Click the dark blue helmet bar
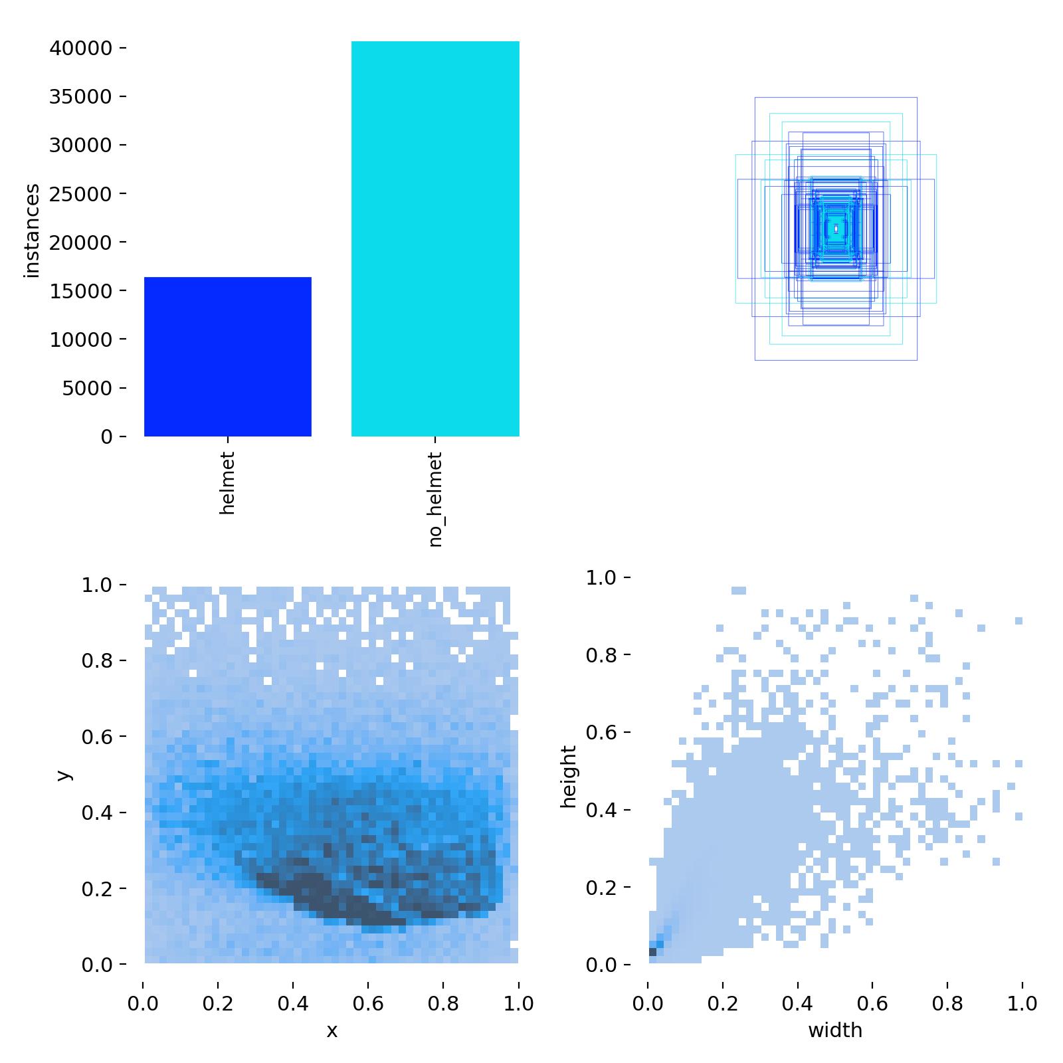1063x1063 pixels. [x=228, y=357]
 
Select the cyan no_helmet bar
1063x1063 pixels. [x=435, y=239]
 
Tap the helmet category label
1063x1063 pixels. [x=227, y=483]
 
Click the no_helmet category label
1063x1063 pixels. [x=435, y=500]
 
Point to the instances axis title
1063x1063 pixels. [x=32, y=231]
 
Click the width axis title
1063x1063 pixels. [x=835, y=1030]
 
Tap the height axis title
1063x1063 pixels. [x=569, y=776]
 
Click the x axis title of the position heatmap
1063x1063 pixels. [x=332, y=1030]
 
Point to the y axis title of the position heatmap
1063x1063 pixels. [x=64, y=775]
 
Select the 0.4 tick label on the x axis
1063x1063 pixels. [x=293, y=1003]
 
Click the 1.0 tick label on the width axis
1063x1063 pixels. [x=1022, y=1003]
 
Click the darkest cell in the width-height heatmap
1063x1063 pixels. [x=652, y=952]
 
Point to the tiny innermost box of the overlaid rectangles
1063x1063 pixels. [x=836, y=229]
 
